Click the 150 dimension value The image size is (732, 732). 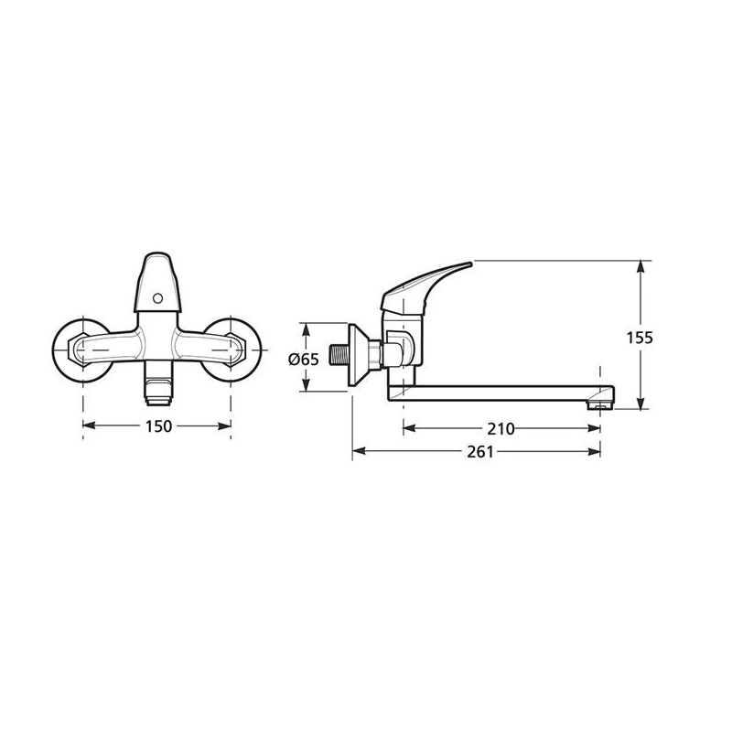[x=157, y=425]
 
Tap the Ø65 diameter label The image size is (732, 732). [x=303, y=360]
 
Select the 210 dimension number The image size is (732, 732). [x=501, y=428]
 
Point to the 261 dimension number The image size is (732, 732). [x=479, y=452]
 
